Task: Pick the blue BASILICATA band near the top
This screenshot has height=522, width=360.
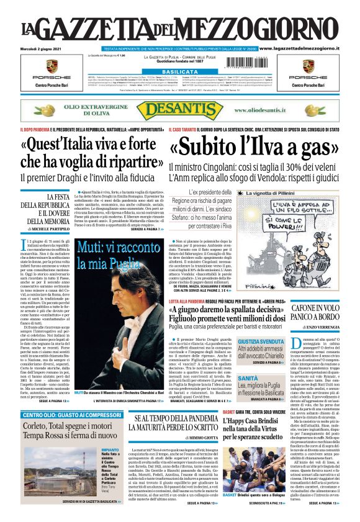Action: click(x=180, y=71)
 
